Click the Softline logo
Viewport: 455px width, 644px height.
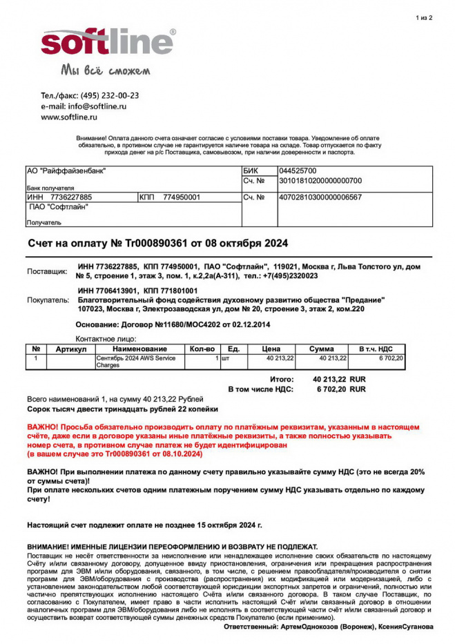[107, 43]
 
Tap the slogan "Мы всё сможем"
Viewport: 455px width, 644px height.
[106, 70]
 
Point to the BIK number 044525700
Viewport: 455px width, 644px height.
[298, 170]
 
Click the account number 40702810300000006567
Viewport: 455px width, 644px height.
[320, 197]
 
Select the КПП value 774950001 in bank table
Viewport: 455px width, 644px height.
[182, 197]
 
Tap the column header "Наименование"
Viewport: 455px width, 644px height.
[140, 349]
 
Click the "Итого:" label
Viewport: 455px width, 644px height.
[282, 379]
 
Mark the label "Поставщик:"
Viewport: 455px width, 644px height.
[47, 271]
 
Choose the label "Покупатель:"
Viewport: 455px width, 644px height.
[48, 300]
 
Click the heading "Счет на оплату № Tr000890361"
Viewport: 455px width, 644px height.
[157, 244]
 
